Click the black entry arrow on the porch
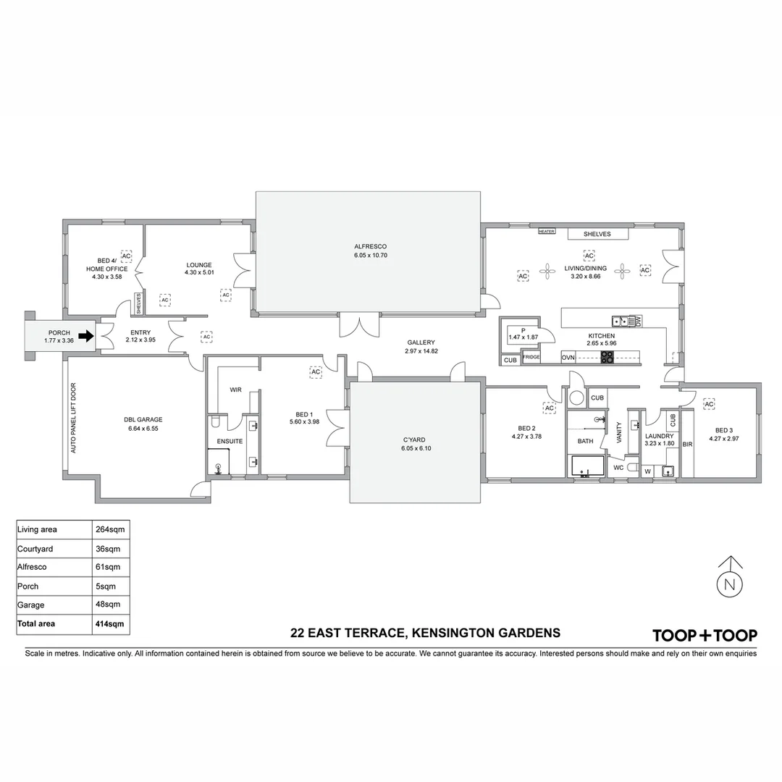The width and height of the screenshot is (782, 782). click(x=86, y=336)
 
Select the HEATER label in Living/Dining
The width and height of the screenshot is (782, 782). click(x=546, y=232)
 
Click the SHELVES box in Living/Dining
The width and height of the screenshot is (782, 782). click(x=597, y=234)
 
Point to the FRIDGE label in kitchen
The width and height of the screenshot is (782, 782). click(x=531, y=357)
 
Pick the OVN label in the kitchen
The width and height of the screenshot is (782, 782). click(x=568, y=357)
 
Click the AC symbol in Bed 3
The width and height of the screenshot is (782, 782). click(x=709, y=404)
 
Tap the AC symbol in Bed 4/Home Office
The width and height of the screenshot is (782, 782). click(x=126, y=256)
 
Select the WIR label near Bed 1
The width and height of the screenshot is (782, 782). click(x=235, y=390)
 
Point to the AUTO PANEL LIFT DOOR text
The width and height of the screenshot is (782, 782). click(x=72, y=419)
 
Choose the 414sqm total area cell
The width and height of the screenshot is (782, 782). click(x=110, y=623)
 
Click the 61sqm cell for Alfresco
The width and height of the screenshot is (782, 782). click(x=108, y=567)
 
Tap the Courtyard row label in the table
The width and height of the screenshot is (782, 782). click(x=35, y=548)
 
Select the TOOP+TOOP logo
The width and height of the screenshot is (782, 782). click(x=705, y=636)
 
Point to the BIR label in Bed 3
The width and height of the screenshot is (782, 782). click(x=687, y=444)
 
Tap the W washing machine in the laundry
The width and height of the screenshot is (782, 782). click(x=647, y=471)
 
